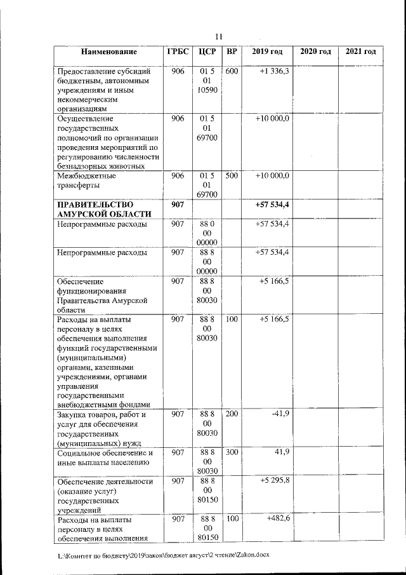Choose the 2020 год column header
315,51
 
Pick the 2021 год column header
360,51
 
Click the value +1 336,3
274,72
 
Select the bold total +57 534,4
272,205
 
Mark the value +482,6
275,519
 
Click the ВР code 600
232,72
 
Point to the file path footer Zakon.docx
163,555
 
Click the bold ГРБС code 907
177,205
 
